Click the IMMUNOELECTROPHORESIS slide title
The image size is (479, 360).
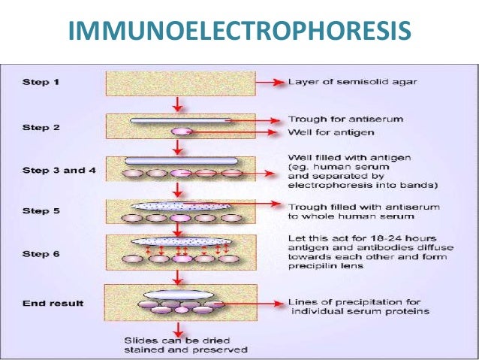click(239, 30)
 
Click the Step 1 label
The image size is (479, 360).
click(41, 81)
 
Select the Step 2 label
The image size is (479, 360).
click(41, 127)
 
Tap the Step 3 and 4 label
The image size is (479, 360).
click(56, 171)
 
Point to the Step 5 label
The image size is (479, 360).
click(41, 212)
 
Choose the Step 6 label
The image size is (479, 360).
click(41, 255)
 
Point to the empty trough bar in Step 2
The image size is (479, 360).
click(180, 119)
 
